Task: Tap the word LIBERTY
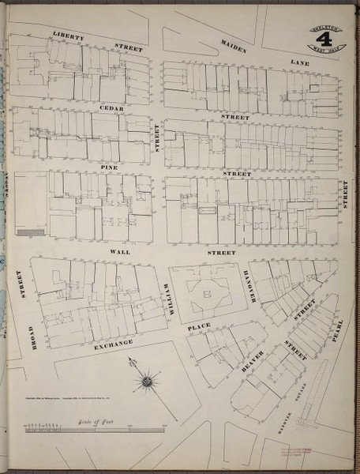(x=69, y=36)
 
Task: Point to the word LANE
(x=301, y=61)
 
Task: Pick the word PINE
(x=108, y=168)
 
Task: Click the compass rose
(x=147, y=383)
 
